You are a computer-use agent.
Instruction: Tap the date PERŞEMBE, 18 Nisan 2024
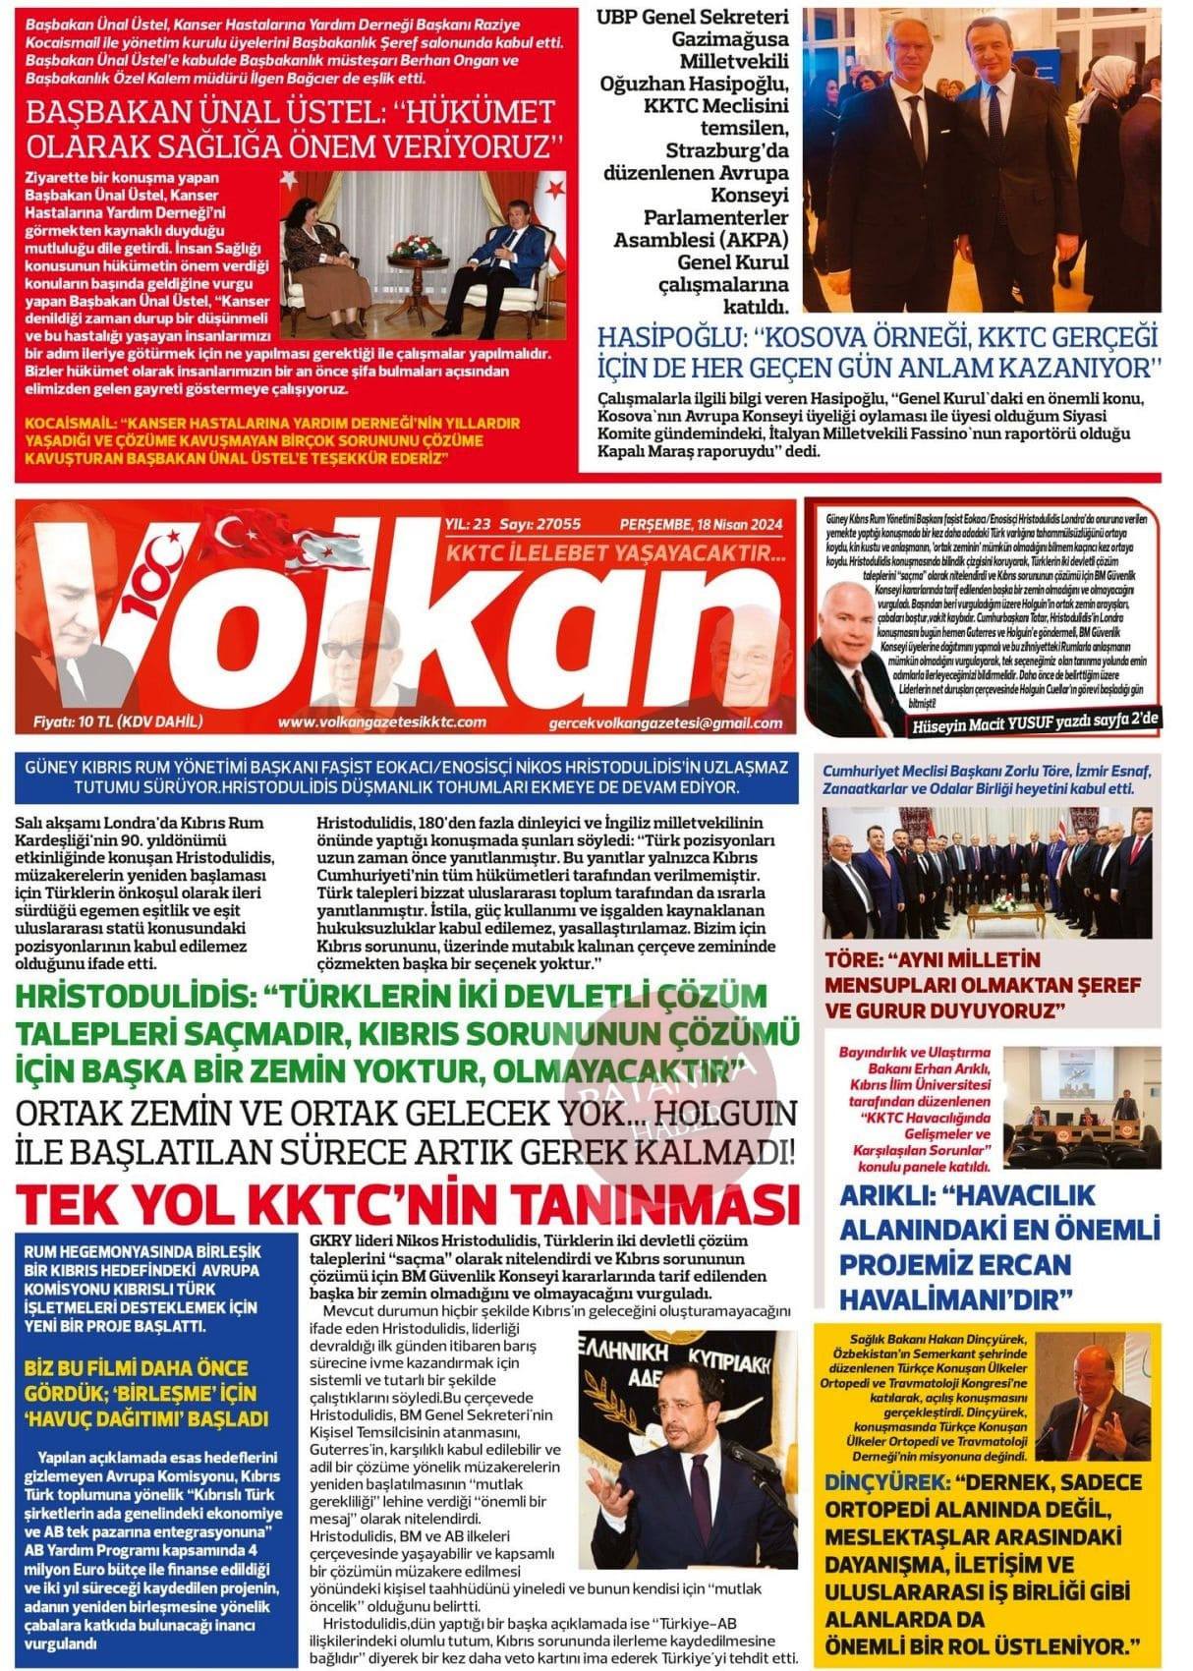click(x=701, y=525)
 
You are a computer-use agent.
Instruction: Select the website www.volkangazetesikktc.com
click(x=382, y=722)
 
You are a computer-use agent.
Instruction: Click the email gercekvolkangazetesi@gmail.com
click(x=666, y=723)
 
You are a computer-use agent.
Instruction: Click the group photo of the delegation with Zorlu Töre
click(x=987, y=871)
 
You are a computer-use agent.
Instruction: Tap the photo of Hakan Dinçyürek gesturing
click(x=1095, y=1397)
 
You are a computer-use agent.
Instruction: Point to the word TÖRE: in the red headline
click(x=853, y=960)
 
